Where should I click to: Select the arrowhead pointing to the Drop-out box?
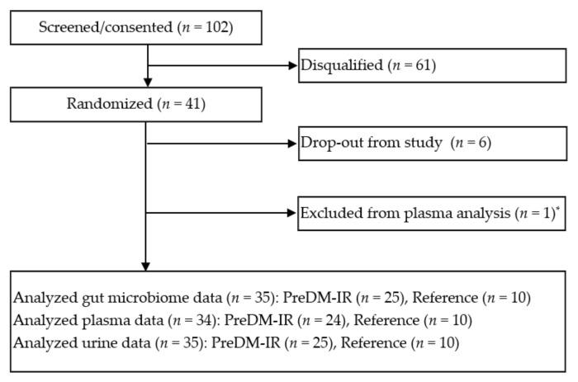tap(291, 144)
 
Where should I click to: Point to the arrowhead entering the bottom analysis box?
tap(146, 266)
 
